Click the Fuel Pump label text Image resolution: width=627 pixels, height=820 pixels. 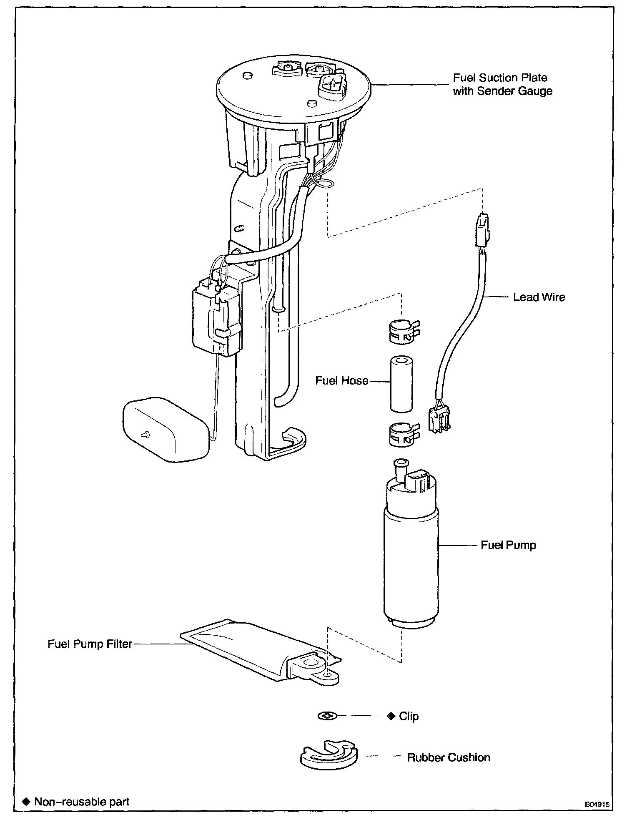508,545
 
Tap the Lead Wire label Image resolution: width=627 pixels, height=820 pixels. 539,297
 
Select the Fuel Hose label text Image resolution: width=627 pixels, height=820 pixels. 342,381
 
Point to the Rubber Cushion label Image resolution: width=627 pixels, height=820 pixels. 448,757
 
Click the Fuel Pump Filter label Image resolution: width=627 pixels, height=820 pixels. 90,644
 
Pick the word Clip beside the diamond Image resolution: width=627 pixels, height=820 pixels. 409,716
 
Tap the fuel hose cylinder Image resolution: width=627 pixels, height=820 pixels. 401,383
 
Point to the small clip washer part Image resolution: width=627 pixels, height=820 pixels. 327,716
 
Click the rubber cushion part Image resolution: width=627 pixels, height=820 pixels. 329,755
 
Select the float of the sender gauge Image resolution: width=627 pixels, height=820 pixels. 166,430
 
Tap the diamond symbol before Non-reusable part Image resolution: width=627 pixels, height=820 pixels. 26,802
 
